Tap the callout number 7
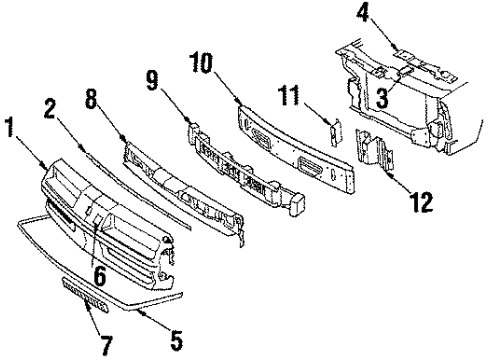tap(106, 346)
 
